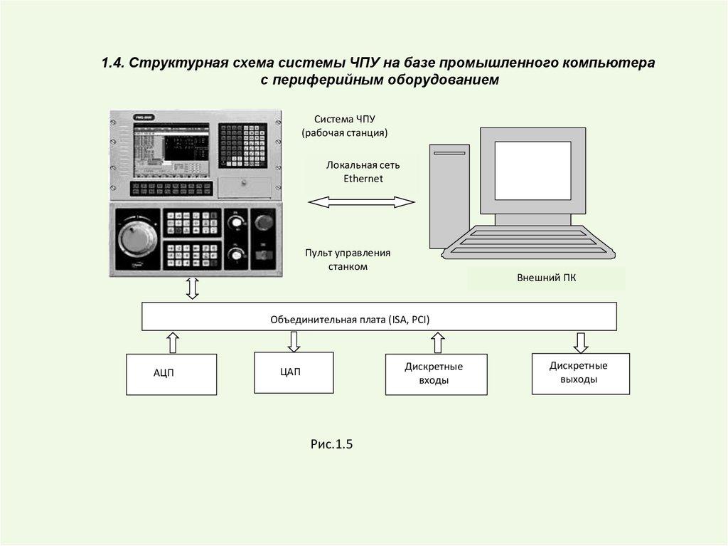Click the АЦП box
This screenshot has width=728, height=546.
point(171,374)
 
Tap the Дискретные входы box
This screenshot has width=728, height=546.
point(436,374)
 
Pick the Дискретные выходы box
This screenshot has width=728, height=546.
point(580,372)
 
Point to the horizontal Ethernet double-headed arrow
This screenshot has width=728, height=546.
point(360,203)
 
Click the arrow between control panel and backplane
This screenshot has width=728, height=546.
point(191,288)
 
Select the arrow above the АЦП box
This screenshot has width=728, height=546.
point(173,342)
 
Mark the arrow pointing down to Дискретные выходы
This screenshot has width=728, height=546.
point(580,342)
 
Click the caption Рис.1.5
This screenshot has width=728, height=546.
point(331,445)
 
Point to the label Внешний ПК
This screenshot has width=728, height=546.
point(546,278)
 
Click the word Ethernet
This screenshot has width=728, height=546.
point(363,179)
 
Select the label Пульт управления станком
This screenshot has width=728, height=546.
point(348,260)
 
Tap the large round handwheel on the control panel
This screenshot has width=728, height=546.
point(136,238)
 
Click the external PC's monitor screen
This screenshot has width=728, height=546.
point(532,170)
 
